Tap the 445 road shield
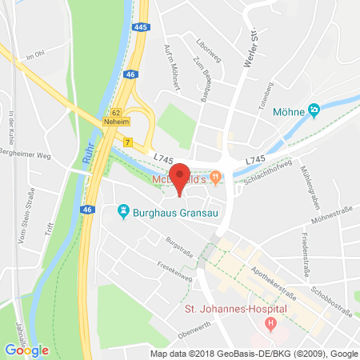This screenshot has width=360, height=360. click(x=142, y=28)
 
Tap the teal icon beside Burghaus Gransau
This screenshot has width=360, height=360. click(x=123, y=212)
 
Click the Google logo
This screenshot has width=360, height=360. click(x=26, y=350)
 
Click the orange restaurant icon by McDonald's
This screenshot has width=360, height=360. click(x=215, y=175)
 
